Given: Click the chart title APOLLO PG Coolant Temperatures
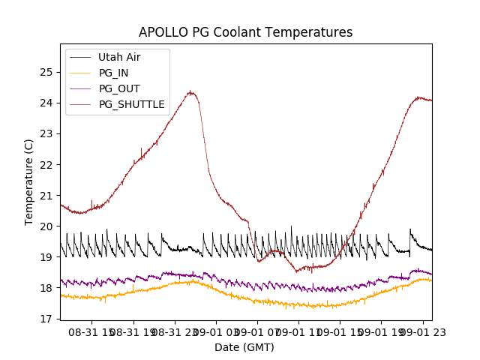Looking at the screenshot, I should click(x=245, y=32).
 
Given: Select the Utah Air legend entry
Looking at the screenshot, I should click(x=119, y=57).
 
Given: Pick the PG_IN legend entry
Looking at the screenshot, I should click(x=114, y=73).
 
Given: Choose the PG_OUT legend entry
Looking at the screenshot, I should click(x=118, y=88).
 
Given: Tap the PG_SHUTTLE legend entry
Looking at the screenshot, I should click(x=131, y=104).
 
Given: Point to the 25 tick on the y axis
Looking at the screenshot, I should click(x=48, y=72).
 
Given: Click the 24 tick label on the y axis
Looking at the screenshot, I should click(x=48, y=103).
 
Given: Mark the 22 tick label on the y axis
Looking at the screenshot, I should click(x=48, y=164).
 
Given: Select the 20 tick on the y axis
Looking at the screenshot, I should click(x=48, y=226).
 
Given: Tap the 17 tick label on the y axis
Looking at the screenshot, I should click(x=48, y=319).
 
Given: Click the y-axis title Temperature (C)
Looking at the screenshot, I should click(x=29, y=181).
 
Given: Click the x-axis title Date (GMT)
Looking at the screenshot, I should click(x=244, y=347).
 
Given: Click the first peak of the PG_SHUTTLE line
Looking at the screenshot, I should click(x=191, y=92).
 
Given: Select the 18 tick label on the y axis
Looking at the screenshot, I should click(x=48, y=288).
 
